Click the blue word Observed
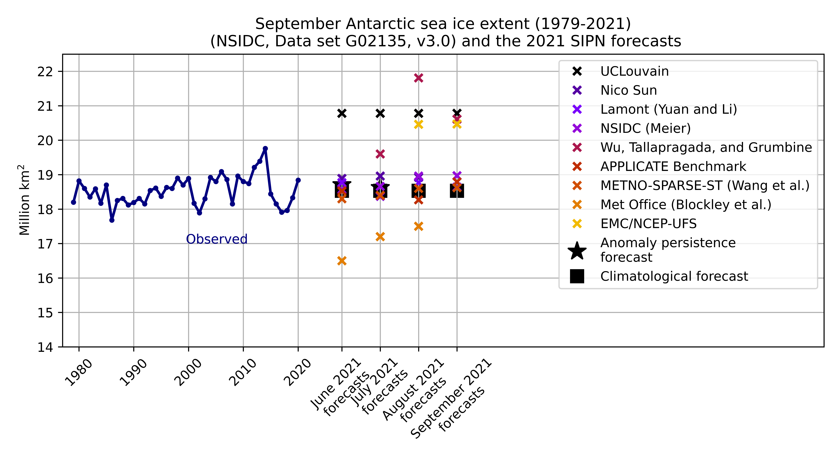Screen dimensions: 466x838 point(217,239)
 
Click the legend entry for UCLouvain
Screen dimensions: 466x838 point(634,71)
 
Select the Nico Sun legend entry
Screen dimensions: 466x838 point(628,90)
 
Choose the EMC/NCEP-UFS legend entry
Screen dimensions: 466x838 point(648,224)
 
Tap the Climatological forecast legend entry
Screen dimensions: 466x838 point(674,276)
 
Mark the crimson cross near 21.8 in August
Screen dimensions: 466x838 point(418,78)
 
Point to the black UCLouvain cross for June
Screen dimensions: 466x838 point(342,113)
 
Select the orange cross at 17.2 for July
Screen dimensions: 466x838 point(380,237)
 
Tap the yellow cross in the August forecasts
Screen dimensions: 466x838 point(418,124)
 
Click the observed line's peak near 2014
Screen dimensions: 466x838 point(265,148)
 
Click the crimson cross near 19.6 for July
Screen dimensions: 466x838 point(380,154)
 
